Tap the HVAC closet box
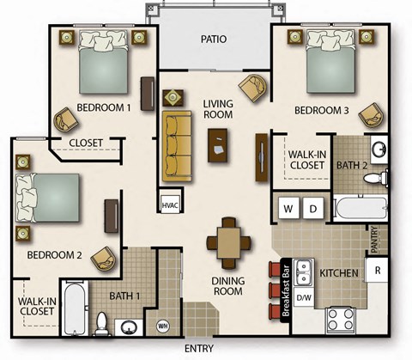click(x=169, y=204)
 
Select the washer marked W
click(x=288, y=208)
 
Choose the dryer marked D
click(x=313, y=208)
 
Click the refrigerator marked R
click(x=377, y=270)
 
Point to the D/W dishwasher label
click(x=304, y=297)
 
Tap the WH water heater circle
click(x=163, y=326)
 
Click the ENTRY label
click(x=198, y=348)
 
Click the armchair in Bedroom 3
click(x=371, y=114)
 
